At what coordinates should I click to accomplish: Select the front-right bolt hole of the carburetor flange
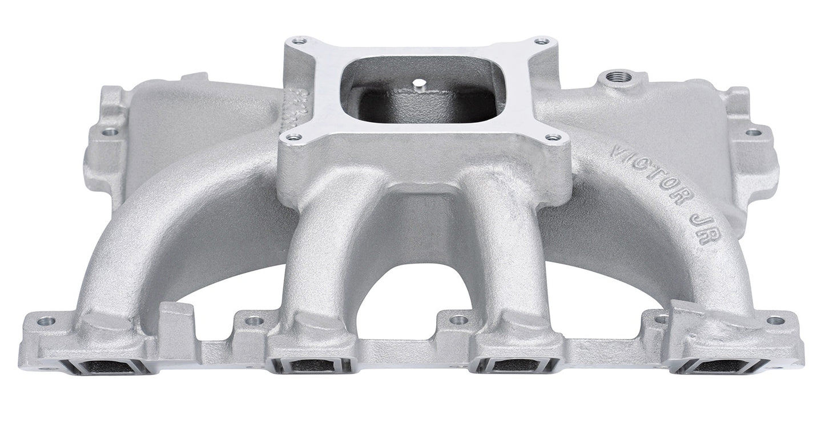[553, 137]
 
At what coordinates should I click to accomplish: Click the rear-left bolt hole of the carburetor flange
[297, 41]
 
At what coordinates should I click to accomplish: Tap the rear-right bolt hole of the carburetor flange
[541, 41]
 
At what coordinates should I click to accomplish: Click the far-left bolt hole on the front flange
[46, 321]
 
